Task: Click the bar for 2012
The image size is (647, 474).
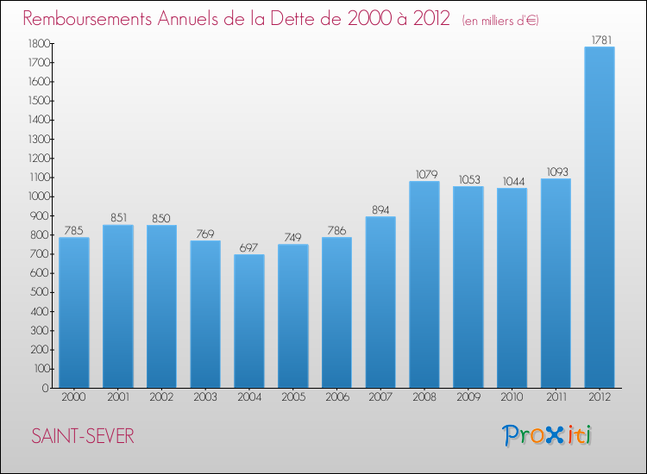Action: point(600,217)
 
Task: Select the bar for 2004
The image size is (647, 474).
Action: point(249,321)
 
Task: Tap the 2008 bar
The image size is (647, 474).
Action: point(424,284)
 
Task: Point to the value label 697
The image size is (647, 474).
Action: point(249,246)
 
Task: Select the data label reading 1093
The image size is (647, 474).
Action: point(556,171)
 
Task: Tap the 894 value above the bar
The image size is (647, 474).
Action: point(380,209)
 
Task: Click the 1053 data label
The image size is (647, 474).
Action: point(468,178)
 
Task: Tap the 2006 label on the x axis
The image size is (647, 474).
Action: point(336,396)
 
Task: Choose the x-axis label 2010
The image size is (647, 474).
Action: point(512,396)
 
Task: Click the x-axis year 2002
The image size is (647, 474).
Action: point(161,396)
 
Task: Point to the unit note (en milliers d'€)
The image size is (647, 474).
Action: point(500,20)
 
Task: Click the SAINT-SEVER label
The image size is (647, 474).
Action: point(82,436)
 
